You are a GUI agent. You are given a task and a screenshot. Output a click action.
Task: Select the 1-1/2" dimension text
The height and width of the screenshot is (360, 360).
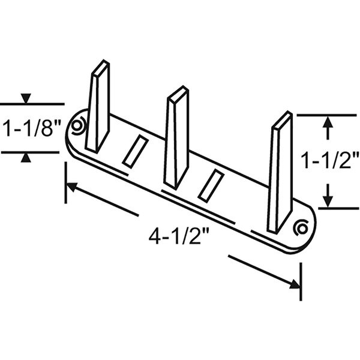pyautogui.click(x=329, y=161)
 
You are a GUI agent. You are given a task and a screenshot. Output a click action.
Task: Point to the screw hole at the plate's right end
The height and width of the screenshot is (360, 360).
pyautogui.click(x=302, y=227)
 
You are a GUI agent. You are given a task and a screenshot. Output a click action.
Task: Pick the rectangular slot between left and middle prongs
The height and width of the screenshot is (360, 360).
pyautogui.click(x=134, y=151)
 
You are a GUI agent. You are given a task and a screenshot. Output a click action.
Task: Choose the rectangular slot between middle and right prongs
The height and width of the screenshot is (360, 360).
pyautogui.click(x=211, y=185)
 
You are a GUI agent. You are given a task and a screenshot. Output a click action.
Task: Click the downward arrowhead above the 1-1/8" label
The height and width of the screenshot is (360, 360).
pyautogui.click(x=26, y=99)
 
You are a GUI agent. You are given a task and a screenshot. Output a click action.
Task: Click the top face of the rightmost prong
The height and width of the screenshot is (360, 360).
pyautogui.click(x=283, y=120)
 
